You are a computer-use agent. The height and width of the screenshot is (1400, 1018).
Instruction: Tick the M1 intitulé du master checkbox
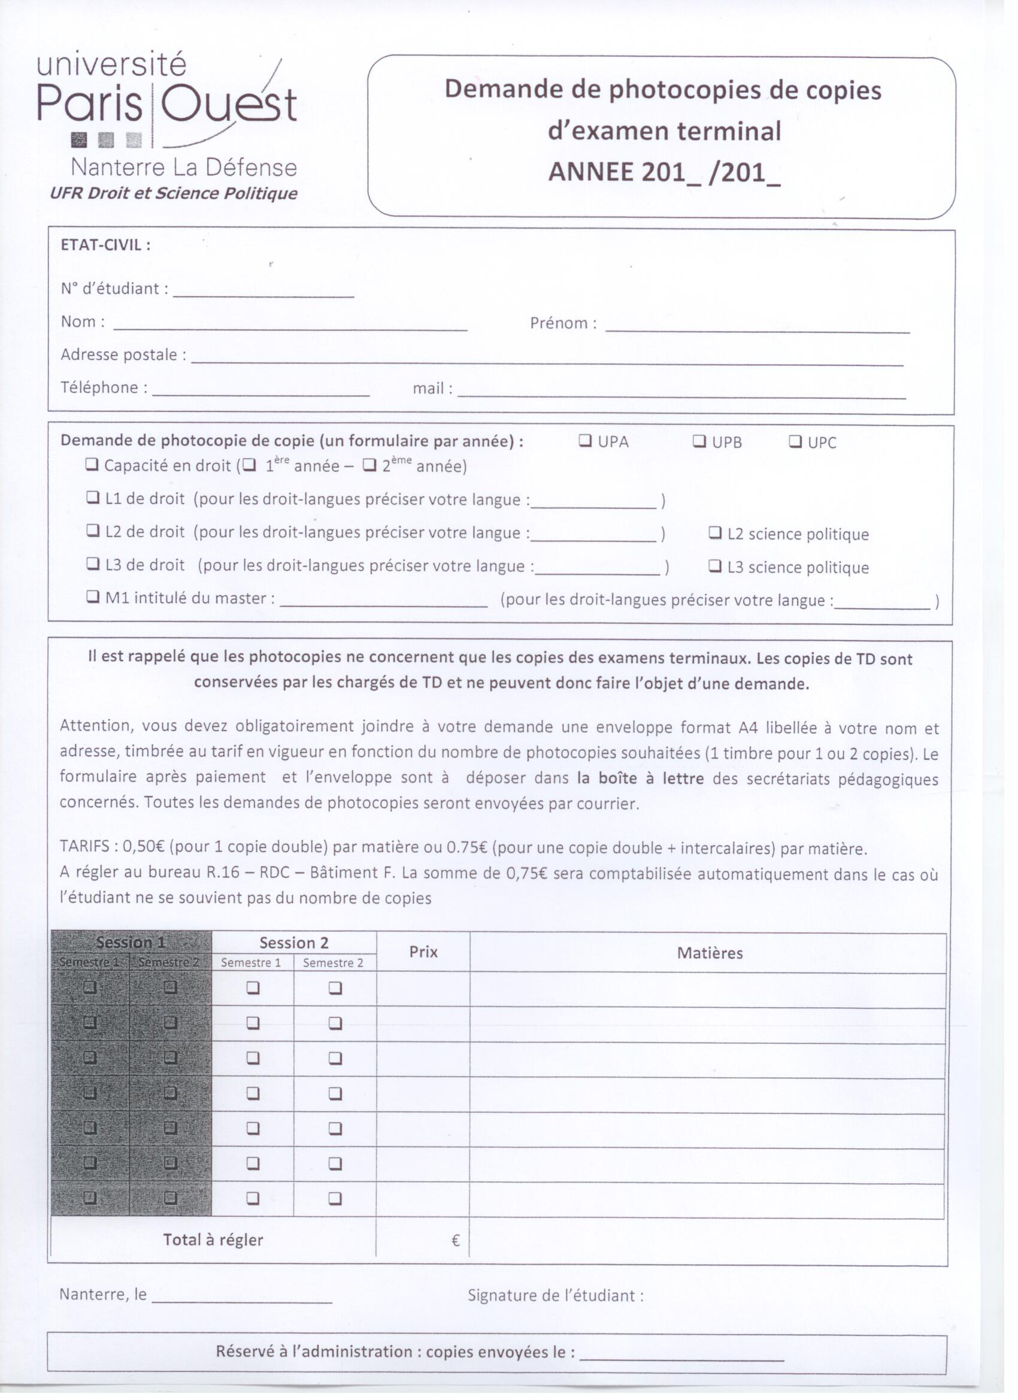(x=93, y=597)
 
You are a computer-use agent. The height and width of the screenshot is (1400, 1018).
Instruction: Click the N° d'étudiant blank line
(x=263, y=294)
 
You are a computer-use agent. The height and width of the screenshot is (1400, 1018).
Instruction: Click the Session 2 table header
(x=294, y=943)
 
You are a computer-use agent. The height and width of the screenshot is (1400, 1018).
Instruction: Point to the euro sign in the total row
(x=456, y=1240)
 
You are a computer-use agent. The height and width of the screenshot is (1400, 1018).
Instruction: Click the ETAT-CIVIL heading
(x=105, y=245)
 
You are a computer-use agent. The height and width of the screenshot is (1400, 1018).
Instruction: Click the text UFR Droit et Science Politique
(x=174, y=193)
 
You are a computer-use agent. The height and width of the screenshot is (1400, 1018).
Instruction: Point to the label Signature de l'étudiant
(x=555, y=1295)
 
